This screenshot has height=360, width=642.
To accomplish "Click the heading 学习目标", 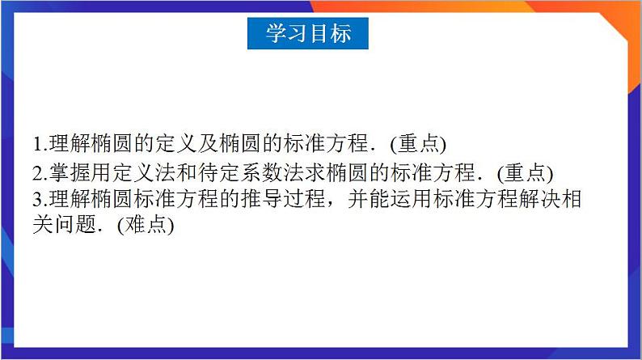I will click(x=308, y=33).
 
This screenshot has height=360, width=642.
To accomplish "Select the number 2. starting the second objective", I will click(x=40, y=173).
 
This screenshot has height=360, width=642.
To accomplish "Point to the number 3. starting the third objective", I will click(x=40, y=200).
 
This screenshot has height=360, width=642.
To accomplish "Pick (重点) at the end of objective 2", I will click(x=525, y=173).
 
